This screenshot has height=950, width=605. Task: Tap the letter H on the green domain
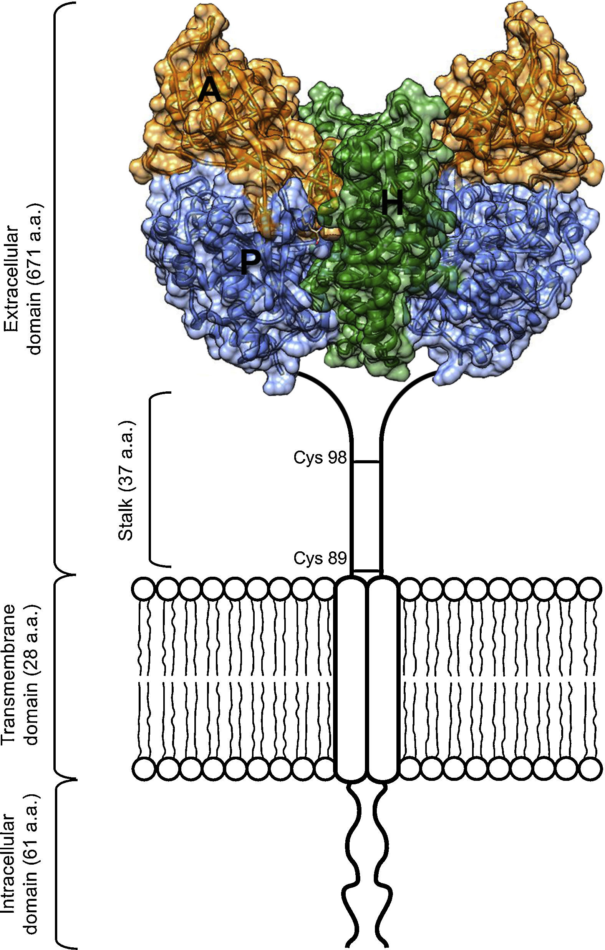point(392,202)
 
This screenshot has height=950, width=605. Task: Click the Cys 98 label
point(320,458)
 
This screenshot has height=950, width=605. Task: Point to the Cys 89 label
point(320,558)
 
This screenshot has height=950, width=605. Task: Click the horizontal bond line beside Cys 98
point(366,461)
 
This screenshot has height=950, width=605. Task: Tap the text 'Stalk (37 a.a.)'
point(127,479)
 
